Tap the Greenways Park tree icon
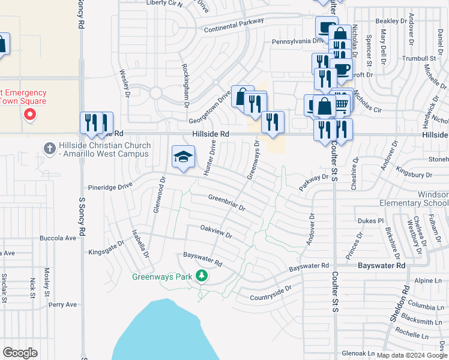point(202,276)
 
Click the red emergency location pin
point(29,113)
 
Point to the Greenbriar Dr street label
point(227,203)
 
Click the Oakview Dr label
point(216,232)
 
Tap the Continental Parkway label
point(234,26)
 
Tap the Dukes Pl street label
point(370,220)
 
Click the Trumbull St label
point(419,58)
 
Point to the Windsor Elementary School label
point(414,199)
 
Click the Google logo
point(20,353)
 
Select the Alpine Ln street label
point(427,281)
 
